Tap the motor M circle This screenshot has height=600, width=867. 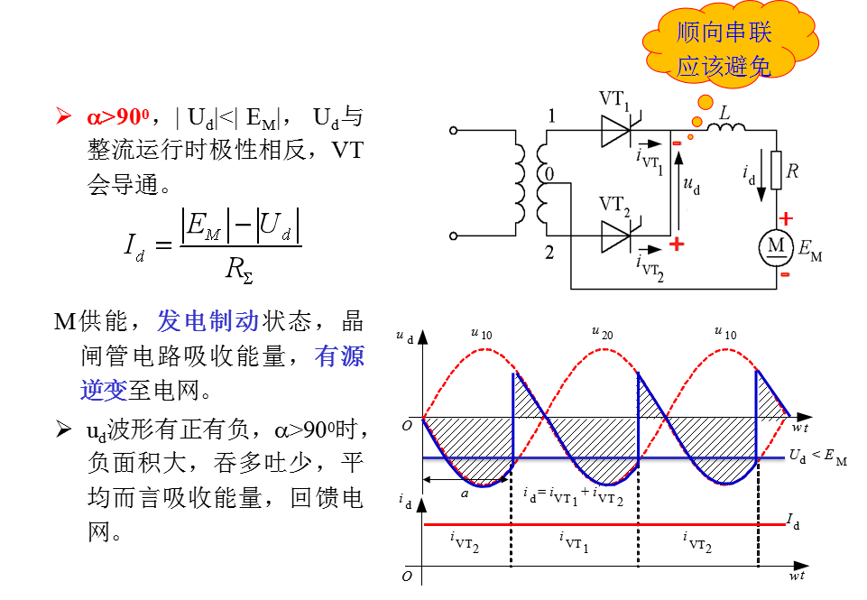(776, 246)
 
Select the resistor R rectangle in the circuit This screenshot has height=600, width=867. (776, 170)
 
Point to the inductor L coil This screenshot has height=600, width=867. (726, 128)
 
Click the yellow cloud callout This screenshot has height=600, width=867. (729, 44)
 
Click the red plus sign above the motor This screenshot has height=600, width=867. (786, 218)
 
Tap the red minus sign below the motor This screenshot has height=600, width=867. (785, 274)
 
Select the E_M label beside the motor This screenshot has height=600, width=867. (810, 250)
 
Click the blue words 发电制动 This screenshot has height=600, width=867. (208, 320)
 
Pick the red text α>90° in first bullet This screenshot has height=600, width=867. (118, 116)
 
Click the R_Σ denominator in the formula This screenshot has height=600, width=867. (239, 269)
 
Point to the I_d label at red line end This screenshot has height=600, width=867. (793, 521)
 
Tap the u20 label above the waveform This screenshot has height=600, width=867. (602, 333)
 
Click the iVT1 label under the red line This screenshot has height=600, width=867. (574, 542)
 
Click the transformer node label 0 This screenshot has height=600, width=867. (549, 174)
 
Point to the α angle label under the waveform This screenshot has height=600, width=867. (465, 494)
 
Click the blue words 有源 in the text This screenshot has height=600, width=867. (339, 355)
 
